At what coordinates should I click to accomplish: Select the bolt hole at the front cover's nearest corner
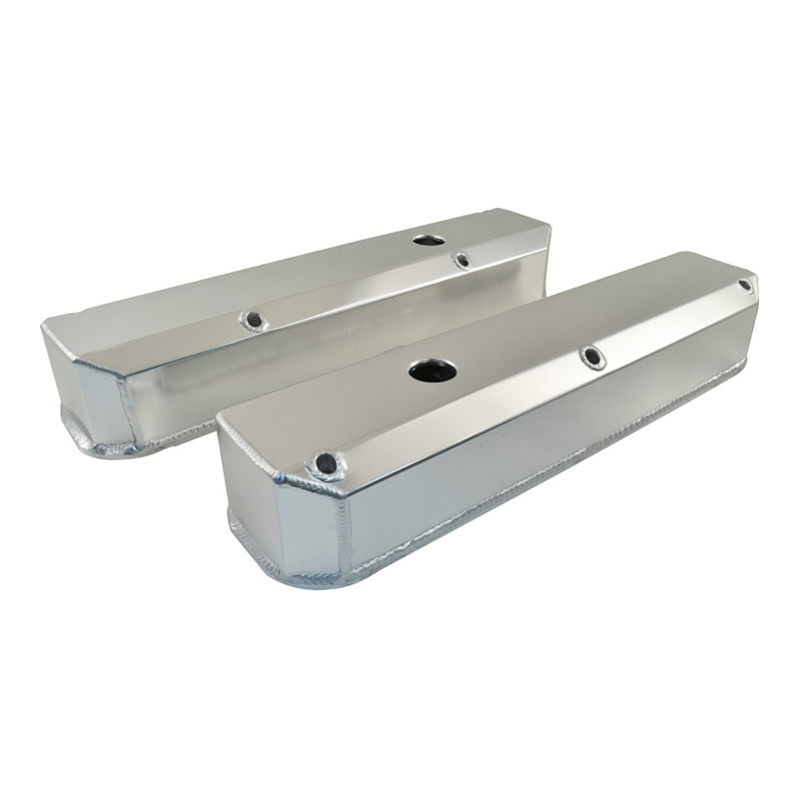pos(326,462)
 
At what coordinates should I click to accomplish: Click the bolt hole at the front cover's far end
pos(745,286)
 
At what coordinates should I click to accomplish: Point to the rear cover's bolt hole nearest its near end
pos(251,320)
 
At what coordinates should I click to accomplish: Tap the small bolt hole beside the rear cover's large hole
pos(461,260)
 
